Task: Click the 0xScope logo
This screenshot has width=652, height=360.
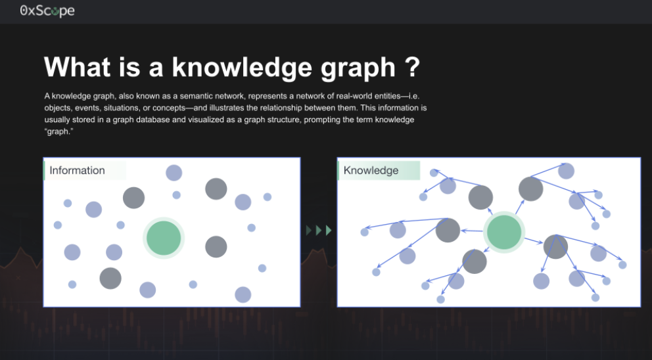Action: (x=47, y=11)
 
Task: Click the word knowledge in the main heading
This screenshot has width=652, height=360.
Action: (x=242, y=68)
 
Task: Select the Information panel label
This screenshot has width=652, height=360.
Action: (x=77, y=170)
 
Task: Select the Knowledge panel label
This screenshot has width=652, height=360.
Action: (x=371, y=170)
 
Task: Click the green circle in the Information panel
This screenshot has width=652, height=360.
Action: (x=164, y=238)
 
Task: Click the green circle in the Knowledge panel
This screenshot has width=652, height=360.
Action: (x=504, y=232)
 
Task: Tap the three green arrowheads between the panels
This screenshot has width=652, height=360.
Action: (x=319, y=231)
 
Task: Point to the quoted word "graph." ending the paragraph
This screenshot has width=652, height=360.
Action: (x=58, y=132)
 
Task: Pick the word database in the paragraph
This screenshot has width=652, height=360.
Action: (x=152, y=120)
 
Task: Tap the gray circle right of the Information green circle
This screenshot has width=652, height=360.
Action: (x=216, y=246)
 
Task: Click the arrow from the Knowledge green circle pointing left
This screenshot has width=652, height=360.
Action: (x=472, y=231)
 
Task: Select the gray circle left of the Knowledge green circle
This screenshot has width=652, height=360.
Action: (x=448, y=230)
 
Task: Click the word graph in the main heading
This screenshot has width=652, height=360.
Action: (x=358, y=68)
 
